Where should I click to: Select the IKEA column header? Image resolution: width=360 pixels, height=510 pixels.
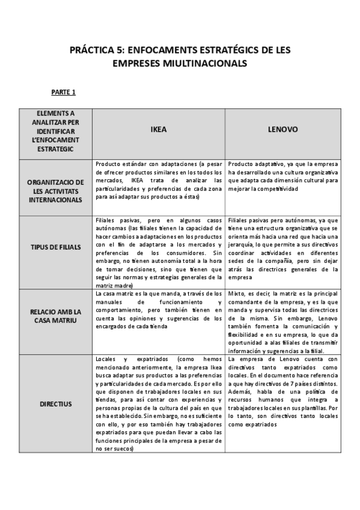[x=158, y=129]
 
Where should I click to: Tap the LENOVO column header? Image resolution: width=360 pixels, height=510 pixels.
[x=282, y=129]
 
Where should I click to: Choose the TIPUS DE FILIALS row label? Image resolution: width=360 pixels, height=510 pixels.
[x=56, y=247]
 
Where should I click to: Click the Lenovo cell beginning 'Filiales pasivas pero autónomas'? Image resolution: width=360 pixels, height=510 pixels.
[x=283, y=249]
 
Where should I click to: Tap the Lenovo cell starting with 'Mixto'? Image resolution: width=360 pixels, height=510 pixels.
[x=283, y=322]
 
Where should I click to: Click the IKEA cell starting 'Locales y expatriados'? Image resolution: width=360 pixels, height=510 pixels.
[x=159, y=403]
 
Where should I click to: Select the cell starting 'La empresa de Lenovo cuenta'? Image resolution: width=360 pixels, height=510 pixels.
[x=283, y=391]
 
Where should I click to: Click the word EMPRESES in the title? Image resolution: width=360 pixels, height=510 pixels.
[x=139, y=63]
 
